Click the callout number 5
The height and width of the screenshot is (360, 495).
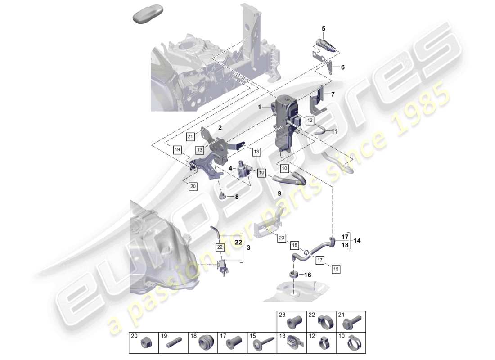(323, 29)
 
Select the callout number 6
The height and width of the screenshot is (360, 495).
(342, 67)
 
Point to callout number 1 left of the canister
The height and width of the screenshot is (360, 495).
(259, 107)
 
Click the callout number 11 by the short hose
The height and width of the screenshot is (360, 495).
(334, 132)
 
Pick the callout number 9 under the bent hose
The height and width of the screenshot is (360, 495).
(279, 193)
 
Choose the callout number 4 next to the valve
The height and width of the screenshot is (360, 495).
(230, 168)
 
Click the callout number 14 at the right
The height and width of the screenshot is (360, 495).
(357, 241)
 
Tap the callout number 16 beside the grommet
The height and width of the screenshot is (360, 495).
(308, 274)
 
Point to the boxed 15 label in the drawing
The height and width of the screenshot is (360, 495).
(336, 269)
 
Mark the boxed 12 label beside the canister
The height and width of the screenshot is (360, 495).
(310, 120)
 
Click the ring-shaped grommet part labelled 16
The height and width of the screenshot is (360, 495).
(293, 274)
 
